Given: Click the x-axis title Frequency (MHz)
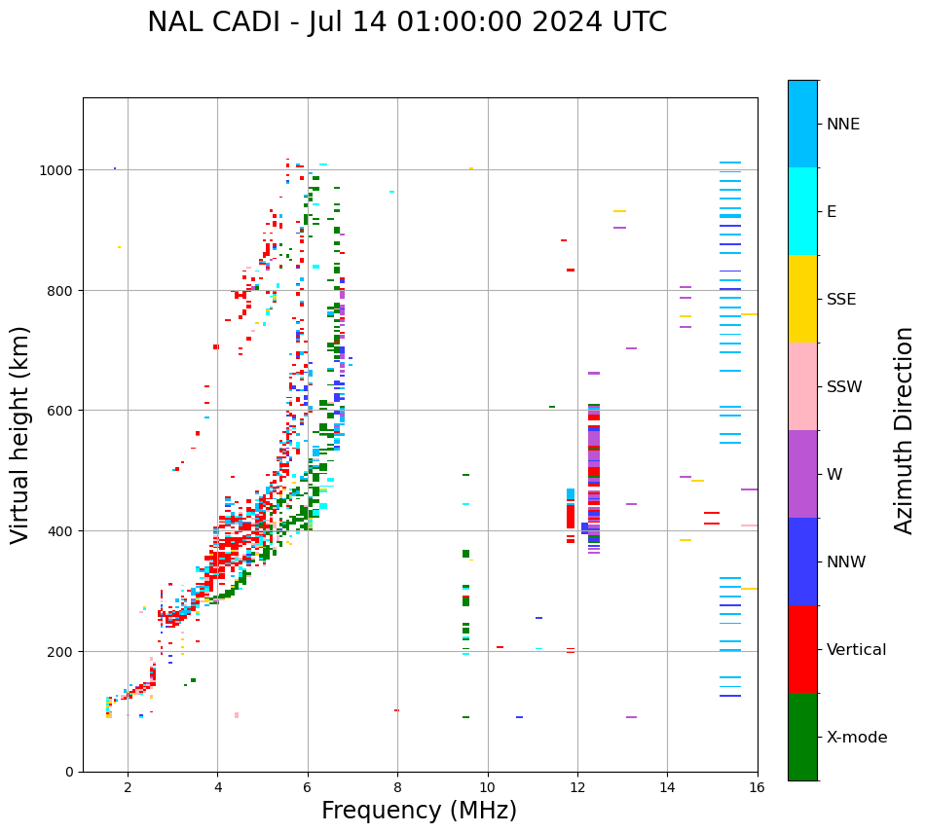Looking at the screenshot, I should pyautogui.click(x=419, y=811).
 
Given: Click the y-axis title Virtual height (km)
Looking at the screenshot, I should pyautogui.click(x=20, y=435).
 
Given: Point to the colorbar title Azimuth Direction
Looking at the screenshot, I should pyautogui.click(x=905, y=430).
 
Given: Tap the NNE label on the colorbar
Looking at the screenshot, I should pyautogui.click(x=843, y=124).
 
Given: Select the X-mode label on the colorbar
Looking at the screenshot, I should pyautogui.click(x=857, y=738).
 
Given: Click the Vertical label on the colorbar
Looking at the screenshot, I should pyautogui.click(x=857, y=650).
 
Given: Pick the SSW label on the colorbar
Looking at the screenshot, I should pyautogui.click(x=844, y=386).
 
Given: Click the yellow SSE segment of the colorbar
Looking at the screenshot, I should pyautogui.click(x=802, y=299).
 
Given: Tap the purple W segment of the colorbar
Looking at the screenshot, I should pyautogui.click(x=802, y=474).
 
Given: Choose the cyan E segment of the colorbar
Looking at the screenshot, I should pyautogui.click(x=802, y=211).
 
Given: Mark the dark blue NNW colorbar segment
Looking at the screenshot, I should pyautogui.click(x=802, y=561).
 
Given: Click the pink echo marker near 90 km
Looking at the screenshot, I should pyautogui.click(x=237, y=715).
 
